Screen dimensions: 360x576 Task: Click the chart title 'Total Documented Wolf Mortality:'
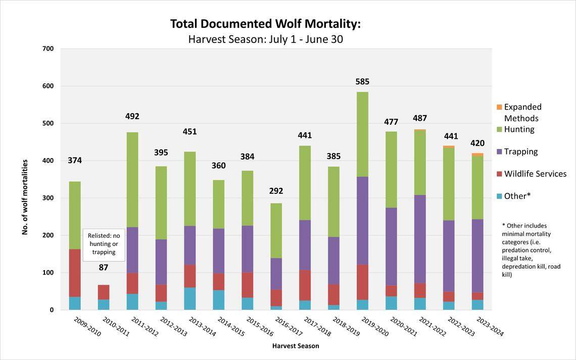point(265,24)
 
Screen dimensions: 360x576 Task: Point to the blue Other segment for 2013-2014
point(190,298)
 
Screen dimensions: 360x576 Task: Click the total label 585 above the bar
point(362,81)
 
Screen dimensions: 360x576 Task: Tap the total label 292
point(276,191)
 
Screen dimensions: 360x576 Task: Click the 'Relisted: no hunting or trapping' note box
point(104,244)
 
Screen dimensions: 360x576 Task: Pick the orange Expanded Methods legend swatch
point(499,107)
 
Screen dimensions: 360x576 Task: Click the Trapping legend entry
point(520,151)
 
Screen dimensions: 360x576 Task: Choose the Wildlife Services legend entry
point(535,174)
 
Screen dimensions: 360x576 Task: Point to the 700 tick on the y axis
point(48,49)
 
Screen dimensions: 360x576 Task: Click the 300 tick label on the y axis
point(48,198)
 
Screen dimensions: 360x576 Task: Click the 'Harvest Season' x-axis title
point(296,346)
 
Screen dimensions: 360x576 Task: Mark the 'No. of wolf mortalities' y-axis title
point(25,197)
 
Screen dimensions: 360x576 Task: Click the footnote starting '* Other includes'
point(531,250)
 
